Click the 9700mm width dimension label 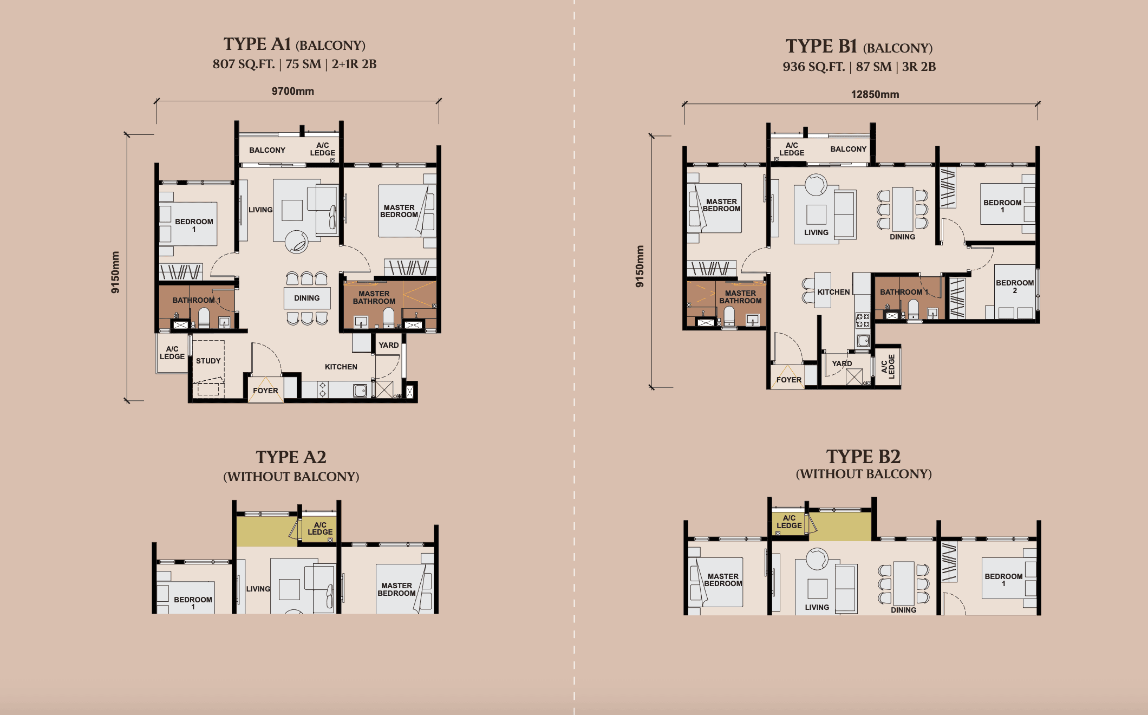pos(292,91)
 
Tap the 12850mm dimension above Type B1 pos(875,94)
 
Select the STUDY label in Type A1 pos(208,361)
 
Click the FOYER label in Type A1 pos(265,391)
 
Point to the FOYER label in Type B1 pos(788,380)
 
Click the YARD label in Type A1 pos(388,345)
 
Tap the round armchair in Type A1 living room pos(296,242)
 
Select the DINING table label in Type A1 pos(306,298)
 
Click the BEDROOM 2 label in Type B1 pos(1014,287)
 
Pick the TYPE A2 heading pos(291,457)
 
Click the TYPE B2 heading pos(863,457)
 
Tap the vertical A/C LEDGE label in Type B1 pos(888,366)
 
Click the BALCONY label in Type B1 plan pos(848,149)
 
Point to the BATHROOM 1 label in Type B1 pos(904,292)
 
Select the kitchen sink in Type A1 pos(360,390)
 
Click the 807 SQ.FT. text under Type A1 pos(243,64)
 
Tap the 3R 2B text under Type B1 pos(919,67)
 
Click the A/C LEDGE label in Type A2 pos(320,529)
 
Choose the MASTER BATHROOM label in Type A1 pos(374,297)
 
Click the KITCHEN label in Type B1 pos(833,292)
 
